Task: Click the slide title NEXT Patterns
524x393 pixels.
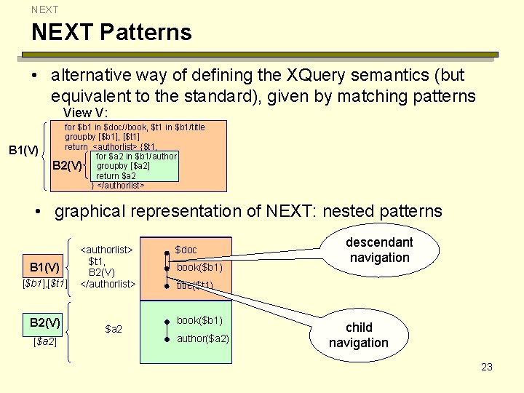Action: (x=111, y=32)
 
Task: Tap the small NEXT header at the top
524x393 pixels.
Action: (x=44, y=9)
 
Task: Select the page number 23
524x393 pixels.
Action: (x=487, y=367)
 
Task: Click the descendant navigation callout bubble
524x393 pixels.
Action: (x=379, y=250)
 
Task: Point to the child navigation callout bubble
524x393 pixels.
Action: (x=358, y=335)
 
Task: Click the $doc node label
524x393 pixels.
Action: (x=186, y=250)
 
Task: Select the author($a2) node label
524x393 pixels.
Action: (x=203, y=338)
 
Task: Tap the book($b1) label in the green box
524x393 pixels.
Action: (x=199, y=320)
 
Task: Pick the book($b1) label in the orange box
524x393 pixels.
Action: (x=199, y=267)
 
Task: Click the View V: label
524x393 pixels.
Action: (x=86, y=113)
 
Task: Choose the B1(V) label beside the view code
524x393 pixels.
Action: (x=23, y=150)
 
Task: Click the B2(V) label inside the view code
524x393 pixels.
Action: (x=68, y=166)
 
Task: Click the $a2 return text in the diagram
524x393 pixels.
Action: (x=114, y=329)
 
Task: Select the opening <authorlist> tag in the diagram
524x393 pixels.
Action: (x=107, y=249)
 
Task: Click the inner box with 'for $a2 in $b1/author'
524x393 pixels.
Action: (x=135, y=166)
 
